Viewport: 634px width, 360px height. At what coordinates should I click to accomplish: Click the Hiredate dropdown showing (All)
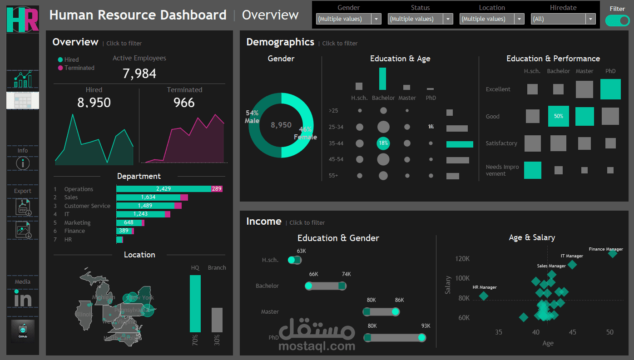563,19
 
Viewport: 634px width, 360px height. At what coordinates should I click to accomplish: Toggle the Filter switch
617,21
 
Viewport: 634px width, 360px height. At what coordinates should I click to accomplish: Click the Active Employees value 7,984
139,74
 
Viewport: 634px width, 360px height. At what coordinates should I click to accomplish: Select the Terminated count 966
184,103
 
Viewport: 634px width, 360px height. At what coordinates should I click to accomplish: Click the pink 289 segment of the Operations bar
217,189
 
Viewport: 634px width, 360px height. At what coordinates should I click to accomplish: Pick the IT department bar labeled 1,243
141,214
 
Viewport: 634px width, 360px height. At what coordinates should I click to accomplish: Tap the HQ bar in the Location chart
195,304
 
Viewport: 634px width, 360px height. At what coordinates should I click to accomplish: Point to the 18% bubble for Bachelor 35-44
383,143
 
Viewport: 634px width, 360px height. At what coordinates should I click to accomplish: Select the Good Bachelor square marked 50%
559,116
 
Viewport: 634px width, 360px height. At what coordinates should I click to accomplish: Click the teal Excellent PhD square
610,89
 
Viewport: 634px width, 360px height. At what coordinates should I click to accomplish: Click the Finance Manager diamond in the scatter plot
613,253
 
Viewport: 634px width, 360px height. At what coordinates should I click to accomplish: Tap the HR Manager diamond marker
484,296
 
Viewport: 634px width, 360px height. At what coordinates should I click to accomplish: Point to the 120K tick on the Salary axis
462,259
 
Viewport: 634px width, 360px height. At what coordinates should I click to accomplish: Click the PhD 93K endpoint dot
422,337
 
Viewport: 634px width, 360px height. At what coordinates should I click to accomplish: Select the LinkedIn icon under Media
23,299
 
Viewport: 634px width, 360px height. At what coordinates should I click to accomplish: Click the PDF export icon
23,207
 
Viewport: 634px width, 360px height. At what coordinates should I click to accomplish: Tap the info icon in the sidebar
23,163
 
